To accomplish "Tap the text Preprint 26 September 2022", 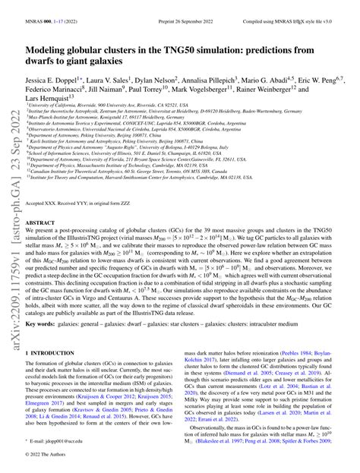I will [178, 8].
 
